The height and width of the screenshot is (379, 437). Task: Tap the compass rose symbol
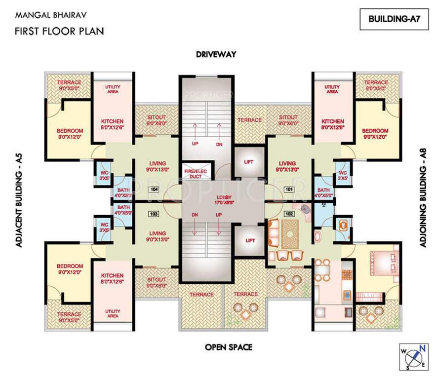pyautogui.click(x=413, y=355)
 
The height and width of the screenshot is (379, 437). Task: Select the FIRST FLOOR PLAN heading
pyautogui.click(x=59, y=32)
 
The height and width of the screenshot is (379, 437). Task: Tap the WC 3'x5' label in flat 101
pyautogui.click(x=341, y=175)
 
